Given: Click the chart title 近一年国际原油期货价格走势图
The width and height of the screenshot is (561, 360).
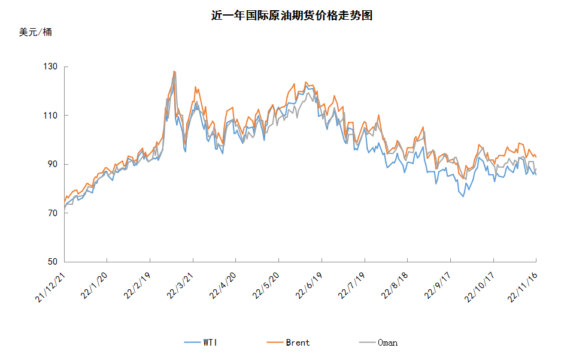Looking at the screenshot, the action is (x=292, y=16).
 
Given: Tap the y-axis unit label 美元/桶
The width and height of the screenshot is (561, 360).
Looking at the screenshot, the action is (x=35, y=32).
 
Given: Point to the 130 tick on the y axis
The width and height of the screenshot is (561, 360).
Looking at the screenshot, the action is (x=50, y=66).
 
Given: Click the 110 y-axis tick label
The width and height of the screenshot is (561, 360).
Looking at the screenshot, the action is (x=50, y=116).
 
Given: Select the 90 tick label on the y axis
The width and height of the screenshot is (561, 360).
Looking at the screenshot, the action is (x=53, y=164).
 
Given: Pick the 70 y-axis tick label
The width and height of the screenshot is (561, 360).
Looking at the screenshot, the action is (x=53, y=213).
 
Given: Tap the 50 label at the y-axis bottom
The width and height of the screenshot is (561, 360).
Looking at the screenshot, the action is (x=53, y=262).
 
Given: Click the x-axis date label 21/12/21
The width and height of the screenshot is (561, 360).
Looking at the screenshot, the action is (x=50, y=288).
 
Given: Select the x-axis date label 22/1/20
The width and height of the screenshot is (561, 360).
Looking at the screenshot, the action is (x=95, y=286).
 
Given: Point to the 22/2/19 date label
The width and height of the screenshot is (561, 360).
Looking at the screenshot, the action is (x=137, y=286).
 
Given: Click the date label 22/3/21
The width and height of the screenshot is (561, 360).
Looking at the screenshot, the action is (x=180, y=286).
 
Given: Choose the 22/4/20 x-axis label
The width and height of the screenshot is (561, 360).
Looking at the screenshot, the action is (x=223, y=286).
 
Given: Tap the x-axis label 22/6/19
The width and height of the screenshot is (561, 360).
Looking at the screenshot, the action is (x=309, y=286).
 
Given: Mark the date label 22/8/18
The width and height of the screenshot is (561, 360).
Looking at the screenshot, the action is (x=395, y=286).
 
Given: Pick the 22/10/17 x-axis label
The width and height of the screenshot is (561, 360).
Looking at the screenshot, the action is (x=480, y=288).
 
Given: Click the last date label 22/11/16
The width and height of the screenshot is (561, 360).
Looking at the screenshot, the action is (x=523, y=288).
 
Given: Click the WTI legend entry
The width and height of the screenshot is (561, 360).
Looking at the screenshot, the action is (x=201, y=343).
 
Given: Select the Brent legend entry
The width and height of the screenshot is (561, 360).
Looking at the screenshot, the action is (x=288, y=343).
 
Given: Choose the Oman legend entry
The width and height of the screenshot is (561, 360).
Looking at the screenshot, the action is (x=378, y=343).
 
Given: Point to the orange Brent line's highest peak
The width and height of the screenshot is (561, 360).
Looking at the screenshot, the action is (x=174, y=71).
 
